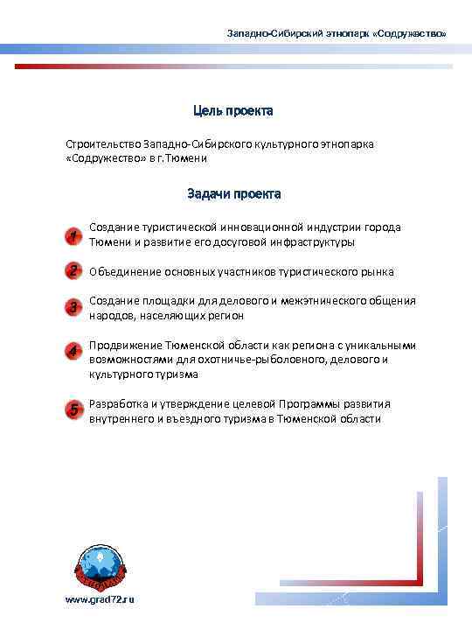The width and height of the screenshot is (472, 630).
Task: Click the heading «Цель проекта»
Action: click(233, 111)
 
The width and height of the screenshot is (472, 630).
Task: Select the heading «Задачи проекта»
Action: click(233, 192)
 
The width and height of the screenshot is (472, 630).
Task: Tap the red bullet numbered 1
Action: click(74, 236)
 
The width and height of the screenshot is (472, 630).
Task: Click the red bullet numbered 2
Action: click(74, 270)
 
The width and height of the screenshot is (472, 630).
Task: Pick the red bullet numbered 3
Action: click(74, 307)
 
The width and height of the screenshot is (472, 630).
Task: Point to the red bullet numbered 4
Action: click(74, 352)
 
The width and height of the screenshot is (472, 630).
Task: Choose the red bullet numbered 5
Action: click(74, 409)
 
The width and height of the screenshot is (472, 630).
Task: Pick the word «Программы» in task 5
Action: click(307, 404)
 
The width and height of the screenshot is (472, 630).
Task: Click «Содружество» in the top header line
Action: click(412, 33)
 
